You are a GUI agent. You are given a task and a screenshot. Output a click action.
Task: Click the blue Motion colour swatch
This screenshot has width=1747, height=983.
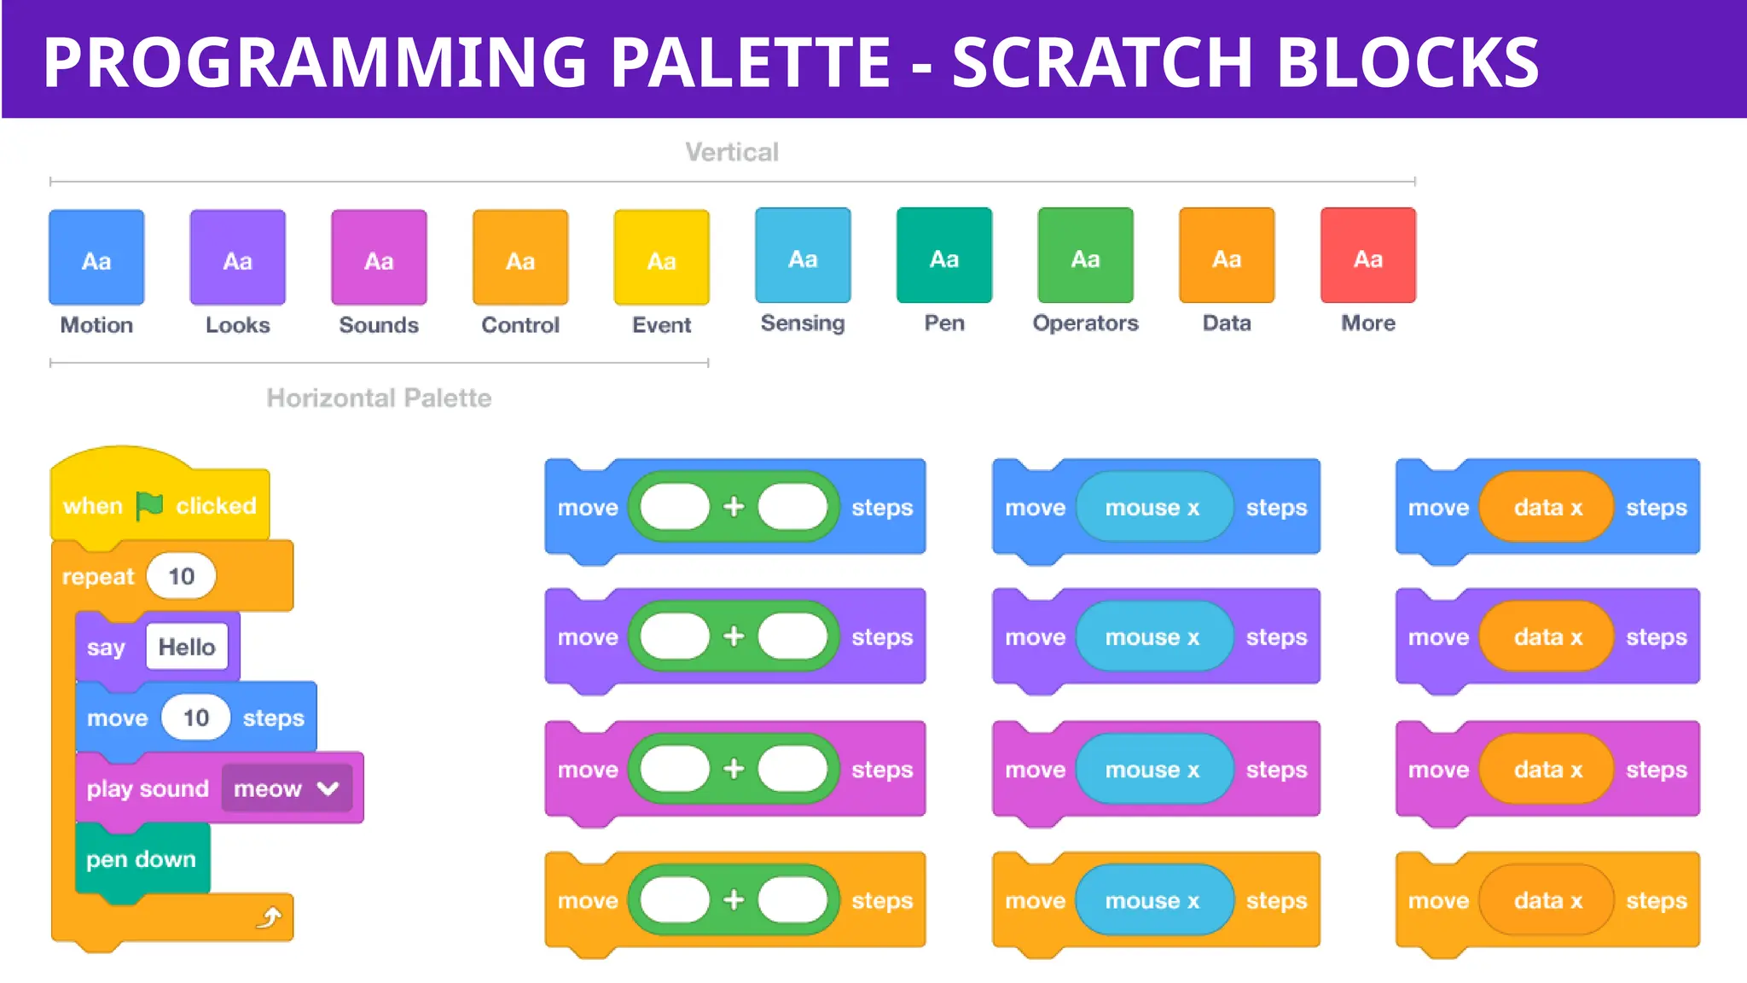[x=96, y=257]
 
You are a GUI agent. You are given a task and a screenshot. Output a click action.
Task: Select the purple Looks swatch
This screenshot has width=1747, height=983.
[x=237, y=257]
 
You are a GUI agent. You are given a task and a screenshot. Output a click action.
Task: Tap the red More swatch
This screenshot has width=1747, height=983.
[x=1367, y=255]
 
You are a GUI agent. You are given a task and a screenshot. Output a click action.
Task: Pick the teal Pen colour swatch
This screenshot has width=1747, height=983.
[x=943, y=255]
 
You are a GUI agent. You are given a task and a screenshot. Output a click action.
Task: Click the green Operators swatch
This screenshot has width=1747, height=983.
[x=1085, y=255]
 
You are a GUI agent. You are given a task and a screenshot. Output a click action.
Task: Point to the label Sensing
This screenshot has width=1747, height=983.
[x=803, y=323]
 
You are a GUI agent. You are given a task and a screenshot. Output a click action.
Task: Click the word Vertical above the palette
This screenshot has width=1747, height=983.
[x=732, y=153]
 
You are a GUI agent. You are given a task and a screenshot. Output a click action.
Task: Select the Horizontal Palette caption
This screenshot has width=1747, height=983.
[x=379, y=398]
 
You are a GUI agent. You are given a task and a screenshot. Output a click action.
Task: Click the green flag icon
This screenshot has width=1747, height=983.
[x=149, y=506]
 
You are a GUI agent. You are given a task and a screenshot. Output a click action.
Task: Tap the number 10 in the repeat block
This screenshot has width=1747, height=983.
[x=181, y=577]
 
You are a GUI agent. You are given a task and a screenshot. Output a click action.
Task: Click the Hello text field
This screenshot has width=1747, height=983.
[x=187, y=647]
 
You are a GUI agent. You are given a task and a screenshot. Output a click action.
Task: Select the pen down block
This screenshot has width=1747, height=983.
[x=142, y=859]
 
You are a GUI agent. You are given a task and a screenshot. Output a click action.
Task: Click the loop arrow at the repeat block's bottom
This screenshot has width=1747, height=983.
[x=270, y=918]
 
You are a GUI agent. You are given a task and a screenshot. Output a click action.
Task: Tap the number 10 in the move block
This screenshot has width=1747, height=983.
[x=196, y=718]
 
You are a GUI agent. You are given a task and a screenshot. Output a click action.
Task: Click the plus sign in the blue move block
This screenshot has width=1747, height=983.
[x=734, y=507]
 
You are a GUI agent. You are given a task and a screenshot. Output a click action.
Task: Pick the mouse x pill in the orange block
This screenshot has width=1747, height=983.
[x=1153, y=900]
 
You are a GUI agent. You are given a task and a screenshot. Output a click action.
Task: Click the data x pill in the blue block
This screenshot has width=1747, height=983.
[x=1547, y=508]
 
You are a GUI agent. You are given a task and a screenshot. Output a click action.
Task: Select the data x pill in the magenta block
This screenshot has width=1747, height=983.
[x=1547, y=770]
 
